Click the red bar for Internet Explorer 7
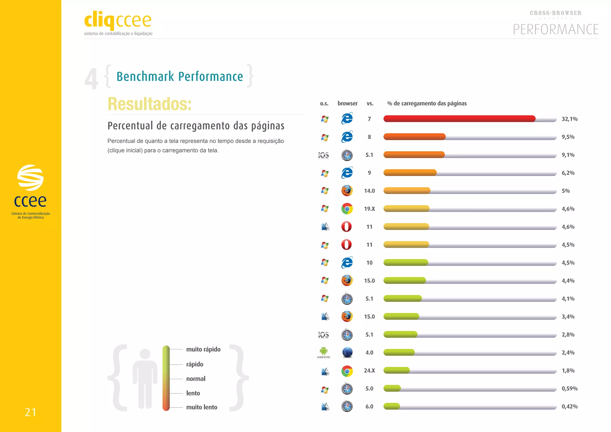(459, 119)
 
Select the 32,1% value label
(570, 119)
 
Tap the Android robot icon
(324, 351)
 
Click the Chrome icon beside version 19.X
(347, 209)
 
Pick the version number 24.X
(369, 371)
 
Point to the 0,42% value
(570, 406)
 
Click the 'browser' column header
(348, 103)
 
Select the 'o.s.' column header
(324, 104)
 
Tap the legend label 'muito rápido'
(203, 349)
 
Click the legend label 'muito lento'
(202, 407)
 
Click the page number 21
(30, 412)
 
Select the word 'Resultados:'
(149, 104)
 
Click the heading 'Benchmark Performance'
(180, 76)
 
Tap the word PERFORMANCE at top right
(556, 30)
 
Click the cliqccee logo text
(118, 20)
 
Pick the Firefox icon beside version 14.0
(347, 191)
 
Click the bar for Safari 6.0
(391, 406)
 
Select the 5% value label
(566, 191)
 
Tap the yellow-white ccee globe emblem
(30, 178)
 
